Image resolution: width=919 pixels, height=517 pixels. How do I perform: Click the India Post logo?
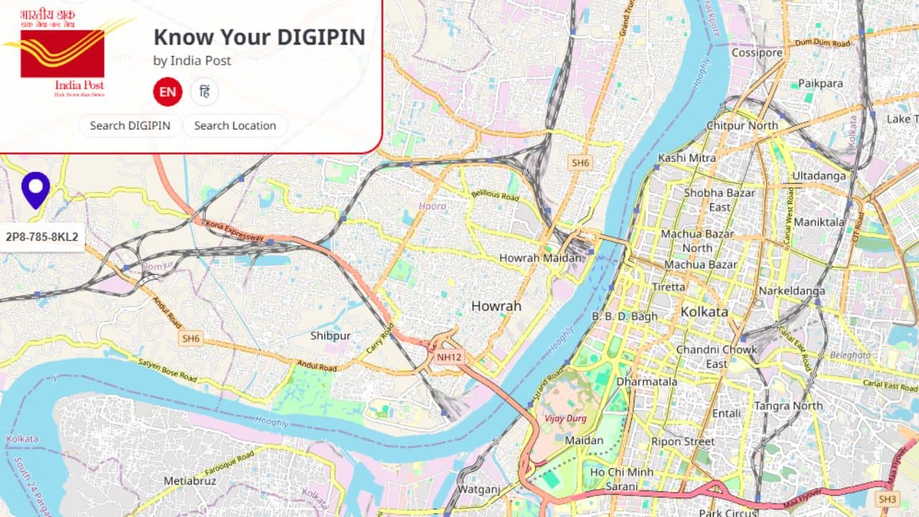point(62,54)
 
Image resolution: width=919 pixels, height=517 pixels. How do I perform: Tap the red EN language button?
point(167,92)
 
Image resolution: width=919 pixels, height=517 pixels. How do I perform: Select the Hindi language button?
point(205,92)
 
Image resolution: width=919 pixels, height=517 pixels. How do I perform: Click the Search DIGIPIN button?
point(130,126)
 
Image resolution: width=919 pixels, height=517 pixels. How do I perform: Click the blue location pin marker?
point(35,189)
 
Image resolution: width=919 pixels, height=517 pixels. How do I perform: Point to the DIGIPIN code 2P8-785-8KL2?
point(42,236)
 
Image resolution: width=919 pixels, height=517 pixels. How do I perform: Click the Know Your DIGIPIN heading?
point(259,37)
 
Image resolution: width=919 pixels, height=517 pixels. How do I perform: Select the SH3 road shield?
point(887,499)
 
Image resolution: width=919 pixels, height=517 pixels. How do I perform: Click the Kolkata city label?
point(704,312)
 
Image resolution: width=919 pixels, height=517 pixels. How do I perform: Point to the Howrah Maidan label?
point(540,258)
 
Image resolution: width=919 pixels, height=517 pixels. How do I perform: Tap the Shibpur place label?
point(330,335)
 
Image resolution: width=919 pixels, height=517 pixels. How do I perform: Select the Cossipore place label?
point(757,52)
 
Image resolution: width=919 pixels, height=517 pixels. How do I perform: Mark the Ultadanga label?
point(819,176)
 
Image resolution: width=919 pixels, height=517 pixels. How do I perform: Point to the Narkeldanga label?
point(792,291)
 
